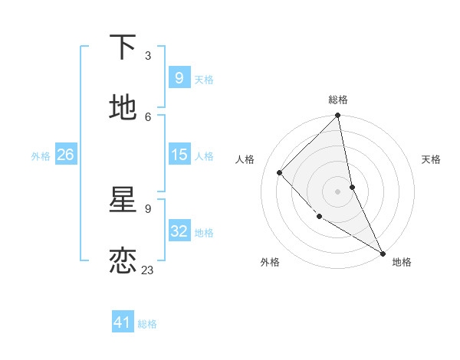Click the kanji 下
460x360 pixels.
[x=123, y=47]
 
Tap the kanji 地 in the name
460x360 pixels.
[x=123, y=108]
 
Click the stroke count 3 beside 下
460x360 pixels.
[x=147, y=55]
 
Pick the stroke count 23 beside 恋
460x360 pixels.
[x=147, y=270]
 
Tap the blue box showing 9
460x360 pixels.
[x=179, y=77]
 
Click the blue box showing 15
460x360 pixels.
[x=179, y=155]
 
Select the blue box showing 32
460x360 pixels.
[x=179, y=231]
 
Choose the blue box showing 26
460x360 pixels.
[x=65, y=155]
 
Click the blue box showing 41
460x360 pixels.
[x=123, y=322]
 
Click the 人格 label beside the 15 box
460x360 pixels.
[x=204, y=156]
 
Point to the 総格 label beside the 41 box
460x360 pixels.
[x=147, y=324]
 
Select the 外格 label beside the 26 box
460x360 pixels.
[x=41, y=156]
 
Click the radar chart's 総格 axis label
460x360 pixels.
[x=338, y=100]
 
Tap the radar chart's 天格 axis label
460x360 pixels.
[x=432, y=159]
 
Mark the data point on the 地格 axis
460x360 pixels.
[x=383, y=253]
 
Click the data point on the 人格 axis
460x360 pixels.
[x=280, y=172]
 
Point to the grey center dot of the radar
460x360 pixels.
[x=338, y=191]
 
